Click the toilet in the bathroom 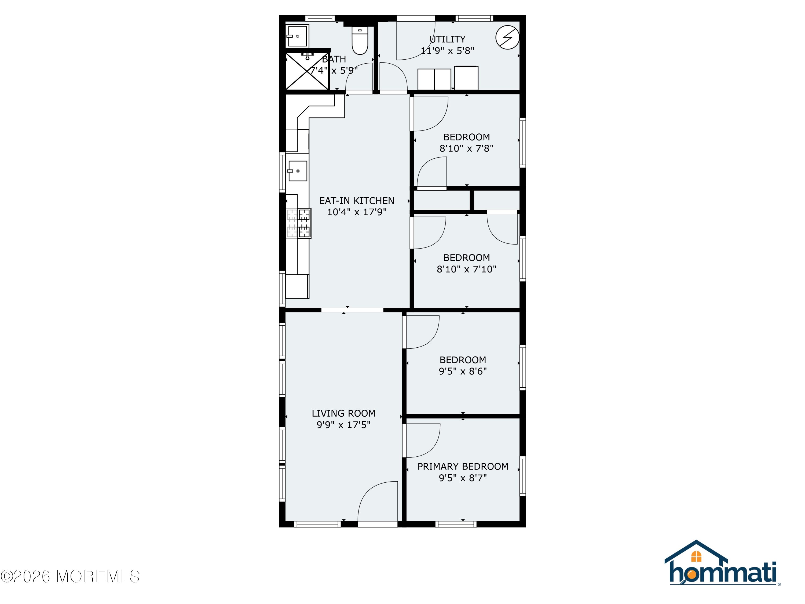point(360,41)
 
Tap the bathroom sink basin point(297,36)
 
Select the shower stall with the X point(307,71)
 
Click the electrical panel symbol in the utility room point(507,37)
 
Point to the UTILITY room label point(447,39)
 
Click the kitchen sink point(297,171)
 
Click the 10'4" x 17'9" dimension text point(357,212)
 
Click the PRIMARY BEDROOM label point(463,466)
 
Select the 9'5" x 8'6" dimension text point(463,371)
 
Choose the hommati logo point(722,562)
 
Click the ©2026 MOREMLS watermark point(70,576)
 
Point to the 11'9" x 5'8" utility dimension point(447,51)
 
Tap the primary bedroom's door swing point(423,441)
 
